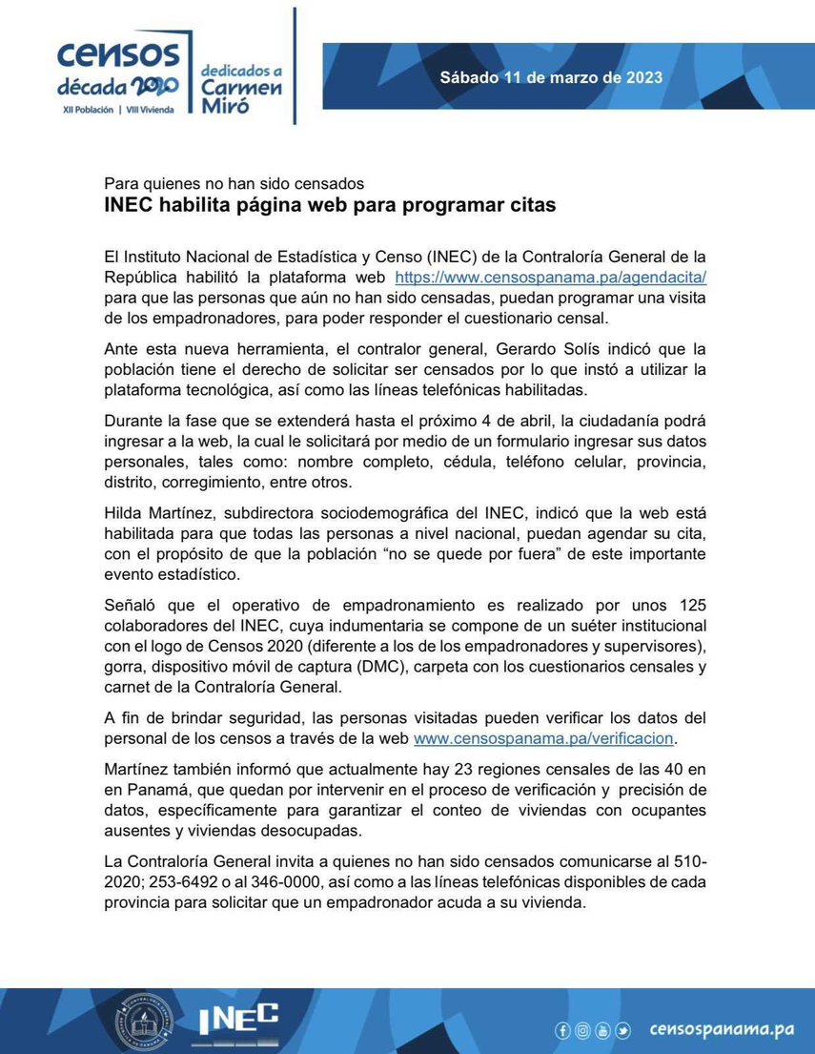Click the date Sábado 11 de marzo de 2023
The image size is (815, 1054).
tap(551, 77)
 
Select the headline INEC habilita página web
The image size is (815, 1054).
tap(329, 204)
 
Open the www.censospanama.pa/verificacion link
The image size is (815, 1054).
tap(544, 738)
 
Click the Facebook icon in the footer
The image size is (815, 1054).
tap(562, 1030)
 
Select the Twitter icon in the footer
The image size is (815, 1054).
tap(622, 1030)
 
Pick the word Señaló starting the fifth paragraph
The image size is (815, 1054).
tap(132, 606)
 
